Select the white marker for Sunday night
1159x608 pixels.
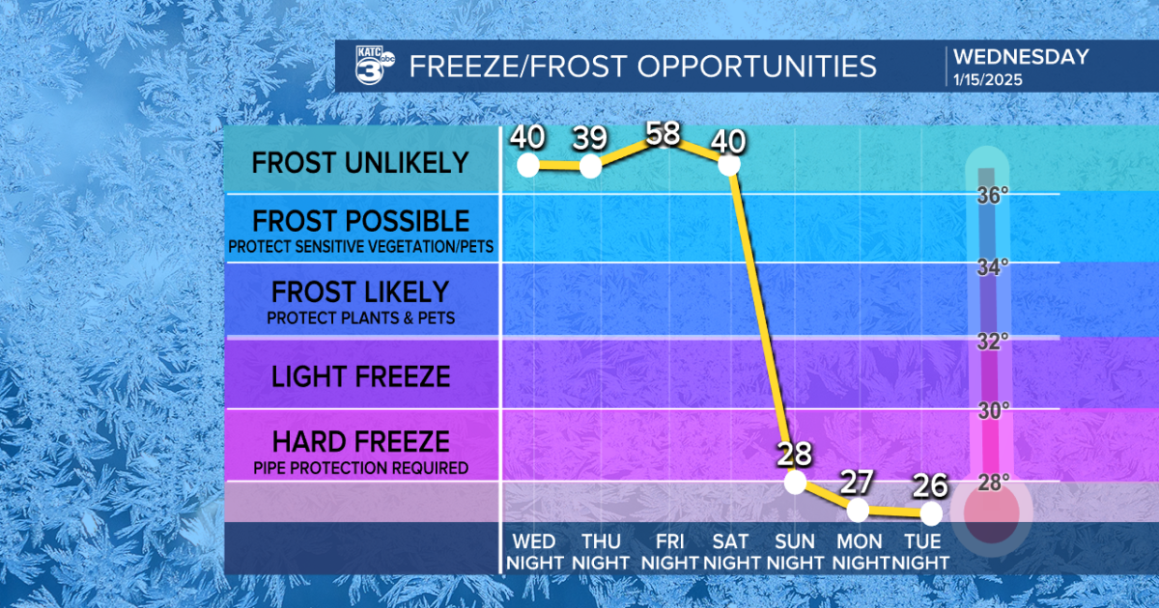[795, 482]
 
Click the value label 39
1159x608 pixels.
[591, 139]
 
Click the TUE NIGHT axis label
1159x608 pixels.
[920, 551]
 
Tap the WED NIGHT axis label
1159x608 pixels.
[534, 551]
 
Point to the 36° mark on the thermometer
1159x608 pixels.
[992, 196]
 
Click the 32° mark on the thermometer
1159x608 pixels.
[992, 341]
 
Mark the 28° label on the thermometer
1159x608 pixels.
[992, 482]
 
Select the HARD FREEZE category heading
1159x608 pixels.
[360, 442]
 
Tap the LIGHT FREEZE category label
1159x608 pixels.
[360, 375]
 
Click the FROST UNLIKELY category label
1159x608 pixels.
[360, 162]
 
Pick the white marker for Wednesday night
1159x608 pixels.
[527, 164]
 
